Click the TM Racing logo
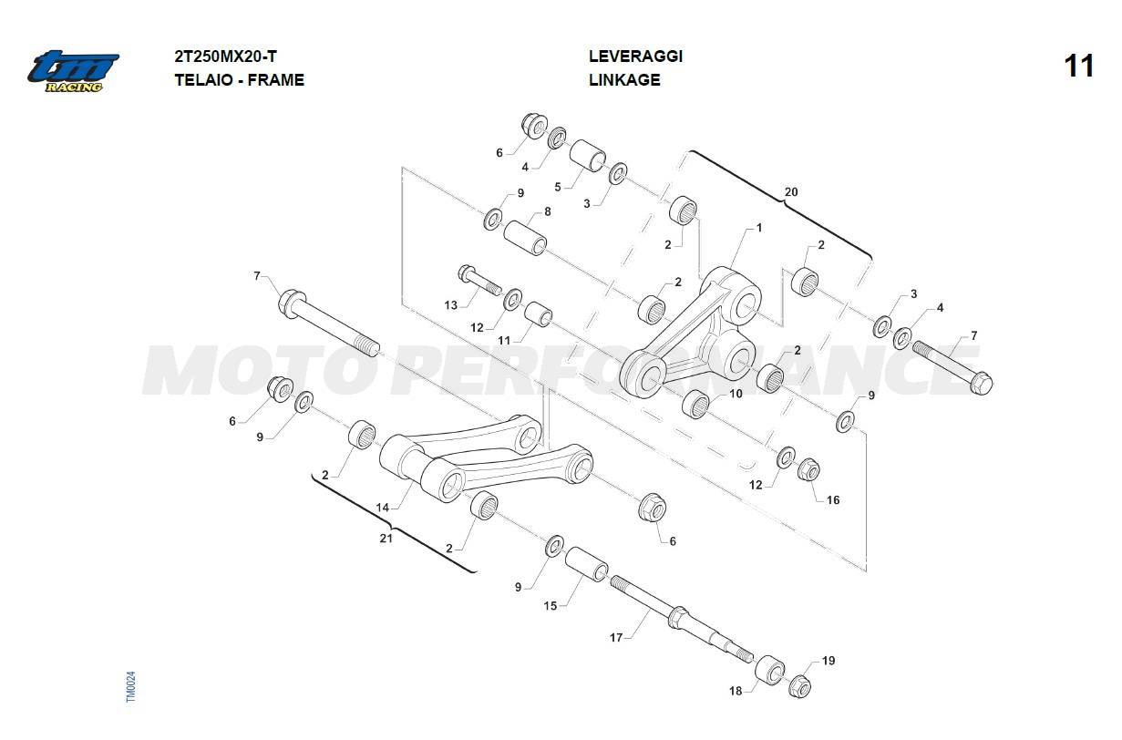tap(73, 71)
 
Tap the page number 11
tap(1079, 67)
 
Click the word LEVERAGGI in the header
tap(635, 57)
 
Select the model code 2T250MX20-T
tap(225, 57)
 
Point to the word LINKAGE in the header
tap(624, 79)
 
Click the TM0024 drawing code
tap(130, 686)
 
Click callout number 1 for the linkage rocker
tap(759, 229)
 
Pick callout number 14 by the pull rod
tap(382, 508)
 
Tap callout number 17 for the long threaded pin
tap(615, 637)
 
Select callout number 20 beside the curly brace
tap(791, 191)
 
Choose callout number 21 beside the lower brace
tap(386, 539)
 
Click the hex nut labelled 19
tap(800, 686)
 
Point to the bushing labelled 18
tap(769, 669)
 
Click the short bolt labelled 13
tap(479, 281)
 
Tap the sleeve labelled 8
tap(525, 238)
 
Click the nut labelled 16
tap(808, 469)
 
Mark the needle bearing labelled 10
tap(695, 405)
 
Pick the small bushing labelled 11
tap(539, 313)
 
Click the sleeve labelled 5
tap(588, 156)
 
